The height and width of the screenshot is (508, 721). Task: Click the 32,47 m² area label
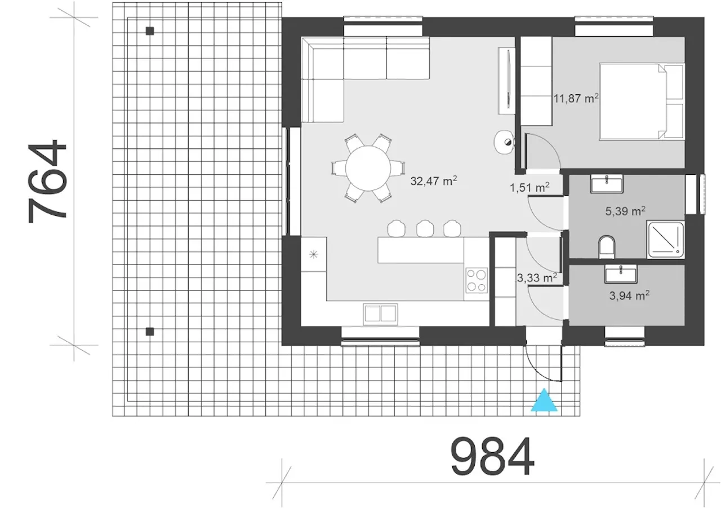coord(434,181)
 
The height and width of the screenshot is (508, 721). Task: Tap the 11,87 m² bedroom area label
coord(576,98)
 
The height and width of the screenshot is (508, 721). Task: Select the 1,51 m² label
coord(529,187)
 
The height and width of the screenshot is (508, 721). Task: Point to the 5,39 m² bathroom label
coord(625,211)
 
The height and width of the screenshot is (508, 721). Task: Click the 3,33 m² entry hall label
coord(537,277)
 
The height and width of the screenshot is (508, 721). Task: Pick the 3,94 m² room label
coord(629,295)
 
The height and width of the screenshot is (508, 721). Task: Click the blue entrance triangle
coord(544,400)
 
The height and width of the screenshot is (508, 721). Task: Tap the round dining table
coord(368,168)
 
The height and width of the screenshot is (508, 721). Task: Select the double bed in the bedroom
coord(642,101)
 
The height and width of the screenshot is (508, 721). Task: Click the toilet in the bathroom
coord(607,247)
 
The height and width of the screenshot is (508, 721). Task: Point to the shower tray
coord(666,240)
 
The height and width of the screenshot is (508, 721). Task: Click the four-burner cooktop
coord(476,280)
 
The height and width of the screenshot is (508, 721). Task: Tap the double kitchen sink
coord(380,314)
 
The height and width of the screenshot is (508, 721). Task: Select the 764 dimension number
coord(47,182)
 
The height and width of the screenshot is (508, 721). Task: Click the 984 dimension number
coord(492,456)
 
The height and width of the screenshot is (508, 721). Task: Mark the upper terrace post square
coord(150,31)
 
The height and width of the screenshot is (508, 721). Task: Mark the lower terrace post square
coord(150,332)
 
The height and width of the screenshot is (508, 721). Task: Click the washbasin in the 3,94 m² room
coord(621,274)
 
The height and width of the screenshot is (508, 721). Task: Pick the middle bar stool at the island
coord(425,229)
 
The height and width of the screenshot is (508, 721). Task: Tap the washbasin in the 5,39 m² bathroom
coord(607,184)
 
